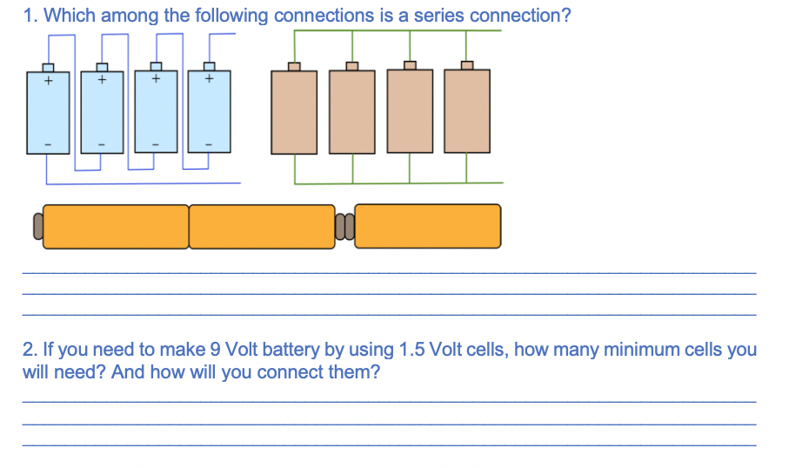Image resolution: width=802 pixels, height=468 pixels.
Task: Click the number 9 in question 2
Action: (215, 351)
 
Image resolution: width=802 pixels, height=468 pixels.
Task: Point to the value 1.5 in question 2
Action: (411, 351)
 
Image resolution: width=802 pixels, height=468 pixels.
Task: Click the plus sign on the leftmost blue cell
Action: (49, 82)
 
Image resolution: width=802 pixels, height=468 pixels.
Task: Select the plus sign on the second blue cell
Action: (102, 82)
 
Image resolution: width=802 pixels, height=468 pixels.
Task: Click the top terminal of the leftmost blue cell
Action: (49, 67)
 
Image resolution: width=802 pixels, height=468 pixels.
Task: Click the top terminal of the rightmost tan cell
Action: (467, 65)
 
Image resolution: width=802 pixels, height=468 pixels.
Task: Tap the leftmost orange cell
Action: (116, 226)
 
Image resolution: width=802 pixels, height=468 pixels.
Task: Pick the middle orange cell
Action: (261, 226)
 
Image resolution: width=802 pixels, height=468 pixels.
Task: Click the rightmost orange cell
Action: (428, 226)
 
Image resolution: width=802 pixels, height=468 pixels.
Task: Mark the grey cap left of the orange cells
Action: (37, 226)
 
